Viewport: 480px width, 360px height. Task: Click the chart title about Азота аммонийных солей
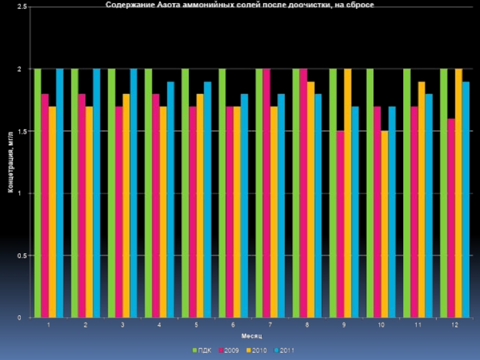tap(240, 5)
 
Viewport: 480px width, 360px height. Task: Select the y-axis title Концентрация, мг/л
tap(10, 163)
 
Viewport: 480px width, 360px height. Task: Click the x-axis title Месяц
tap(251, 335)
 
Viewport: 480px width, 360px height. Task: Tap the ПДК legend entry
tap(201, 350)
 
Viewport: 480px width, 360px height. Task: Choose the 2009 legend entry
tap(229, 350)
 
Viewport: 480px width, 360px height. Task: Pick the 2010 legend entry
tap(257, 350)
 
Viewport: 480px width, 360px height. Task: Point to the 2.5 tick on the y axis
tap(19, 7)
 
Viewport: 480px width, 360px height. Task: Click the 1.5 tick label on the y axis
tap(19, 131)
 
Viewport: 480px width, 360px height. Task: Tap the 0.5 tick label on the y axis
tap(19, 256)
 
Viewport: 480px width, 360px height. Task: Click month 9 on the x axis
tap(344, 325)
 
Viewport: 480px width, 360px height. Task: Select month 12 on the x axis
tap(455, 325)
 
